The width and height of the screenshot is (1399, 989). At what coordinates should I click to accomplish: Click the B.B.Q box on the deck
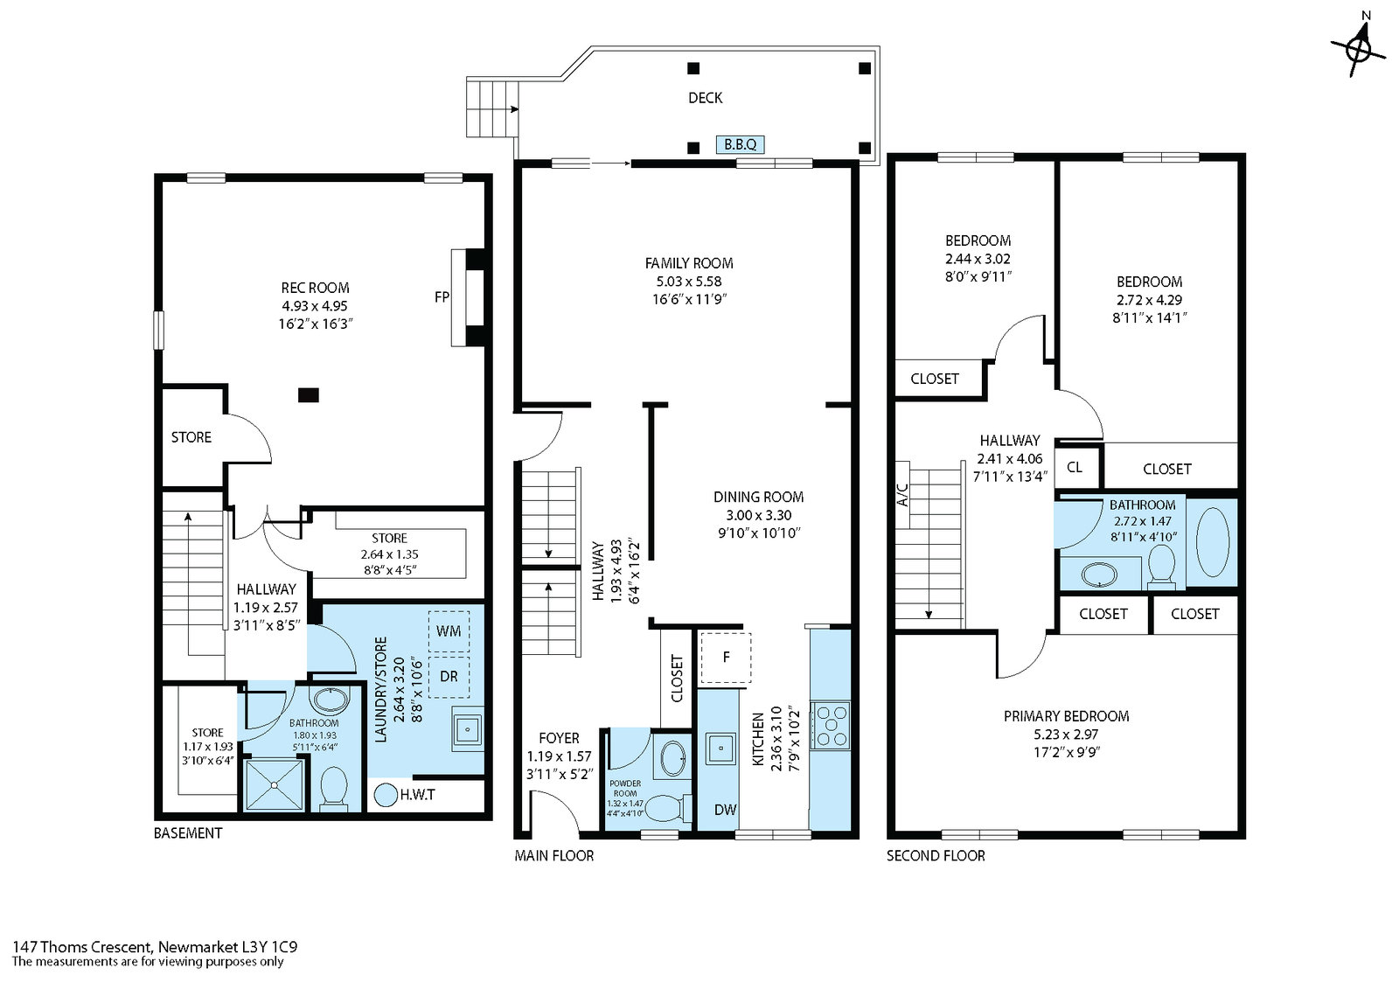pos(740,144)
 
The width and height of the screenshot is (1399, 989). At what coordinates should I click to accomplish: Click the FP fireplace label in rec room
pos(442,296)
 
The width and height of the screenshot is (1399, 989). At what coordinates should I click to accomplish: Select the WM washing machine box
pos(449,631)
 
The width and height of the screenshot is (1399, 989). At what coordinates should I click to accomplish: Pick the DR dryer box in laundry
pos(449,677)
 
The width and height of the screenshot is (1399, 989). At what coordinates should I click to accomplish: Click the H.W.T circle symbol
pos(386,796)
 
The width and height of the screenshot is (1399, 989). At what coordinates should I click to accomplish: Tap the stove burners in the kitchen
pos(831,725)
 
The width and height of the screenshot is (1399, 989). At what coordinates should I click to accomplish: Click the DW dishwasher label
pos(725,810)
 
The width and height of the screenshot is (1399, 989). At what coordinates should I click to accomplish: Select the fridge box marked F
pos(725,658)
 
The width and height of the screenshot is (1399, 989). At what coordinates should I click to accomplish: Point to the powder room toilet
pos(666,808)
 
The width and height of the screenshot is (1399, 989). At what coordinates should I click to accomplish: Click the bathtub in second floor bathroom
pos(1212,541)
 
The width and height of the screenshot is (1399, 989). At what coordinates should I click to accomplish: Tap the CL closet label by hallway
pos(1075,467)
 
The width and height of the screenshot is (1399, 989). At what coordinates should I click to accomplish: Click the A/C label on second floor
pos(902,494)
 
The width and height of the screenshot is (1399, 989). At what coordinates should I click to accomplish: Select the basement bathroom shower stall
pos(274,784)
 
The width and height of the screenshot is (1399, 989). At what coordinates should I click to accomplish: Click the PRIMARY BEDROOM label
pos(1066,716)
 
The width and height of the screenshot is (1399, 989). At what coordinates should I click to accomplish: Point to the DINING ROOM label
pos(758,497)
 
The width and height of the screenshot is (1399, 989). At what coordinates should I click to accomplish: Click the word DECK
pos(705,97)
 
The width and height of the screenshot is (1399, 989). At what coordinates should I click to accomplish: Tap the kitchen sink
pos(720,748)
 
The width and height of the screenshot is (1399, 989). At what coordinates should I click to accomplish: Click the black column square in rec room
pos(309,395)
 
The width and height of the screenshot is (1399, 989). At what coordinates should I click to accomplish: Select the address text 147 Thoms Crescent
pos(82,946)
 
